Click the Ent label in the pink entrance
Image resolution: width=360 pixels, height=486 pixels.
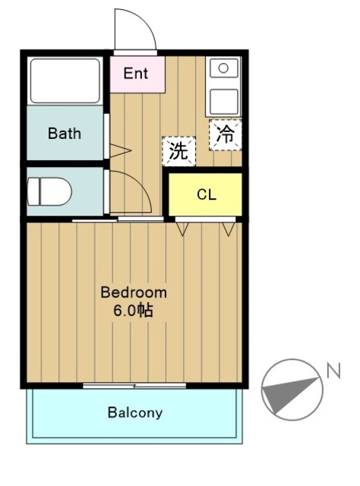(136, 74)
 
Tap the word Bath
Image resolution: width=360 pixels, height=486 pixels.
(64, 134)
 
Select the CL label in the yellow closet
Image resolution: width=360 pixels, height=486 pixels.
(206, 194)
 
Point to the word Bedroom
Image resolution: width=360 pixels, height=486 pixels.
(134, 292)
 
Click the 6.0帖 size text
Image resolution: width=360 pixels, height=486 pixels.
(134, 310)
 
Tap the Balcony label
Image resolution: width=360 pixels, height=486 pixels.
(134, 413)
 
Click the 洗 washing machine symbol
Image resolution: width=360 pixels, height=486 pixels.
(178, 150)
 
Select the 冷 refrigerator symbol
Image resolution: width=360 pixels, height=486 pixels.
(226, 134)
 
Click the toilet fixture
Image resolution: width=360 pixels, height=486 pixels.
(50, 191)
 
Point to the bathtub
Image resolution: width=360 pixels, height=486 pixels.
(65, 80)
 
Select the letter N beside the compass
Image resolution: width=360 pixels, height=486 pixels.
(333, 371)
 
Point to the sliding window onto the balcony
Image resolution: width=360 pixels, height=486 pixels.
(134, 386)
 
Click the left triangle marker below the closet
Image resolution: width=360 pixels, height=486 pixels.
(182, 226)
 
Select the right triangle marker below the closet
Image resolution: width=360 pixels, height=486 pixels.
(229, 226)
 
